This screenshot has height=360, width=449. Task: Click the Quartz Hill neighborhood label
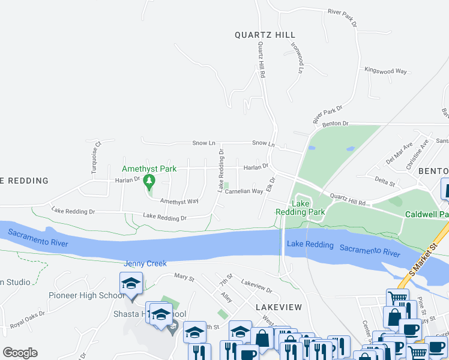pyautogui.click(x=265, y=35)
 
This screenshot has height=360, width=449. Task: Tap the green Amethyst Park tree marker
pyautogui.click(x=149, y=181)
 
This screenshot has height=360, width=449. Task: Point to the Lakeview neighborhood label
pyautogui.click(x=278, y=307)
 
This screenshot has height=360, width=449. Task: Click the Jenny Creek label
pyautogui.click(x=145, y=263)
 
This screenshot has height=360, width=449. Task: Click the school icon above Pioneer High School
pyautogui.click(x=131, y=283)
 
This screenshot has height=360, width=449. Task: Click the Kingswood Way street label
pyautogui.click(x=386, y=71)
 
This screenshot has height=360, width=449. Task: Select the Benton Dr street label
pyautogui.click(x=335, y=124)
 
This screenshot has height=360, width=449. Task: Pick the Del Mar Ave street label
pyautogui.click(x=399, y=152)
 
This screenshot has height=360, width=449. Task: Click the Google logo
pyautogui.click(x=20, y=353)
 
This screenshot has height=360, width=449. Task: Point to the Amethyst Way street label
pyautogui.click(x=179, y=202)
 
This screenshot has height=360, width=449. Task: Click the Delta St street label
pyautogui.click(x=385, y=182)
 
